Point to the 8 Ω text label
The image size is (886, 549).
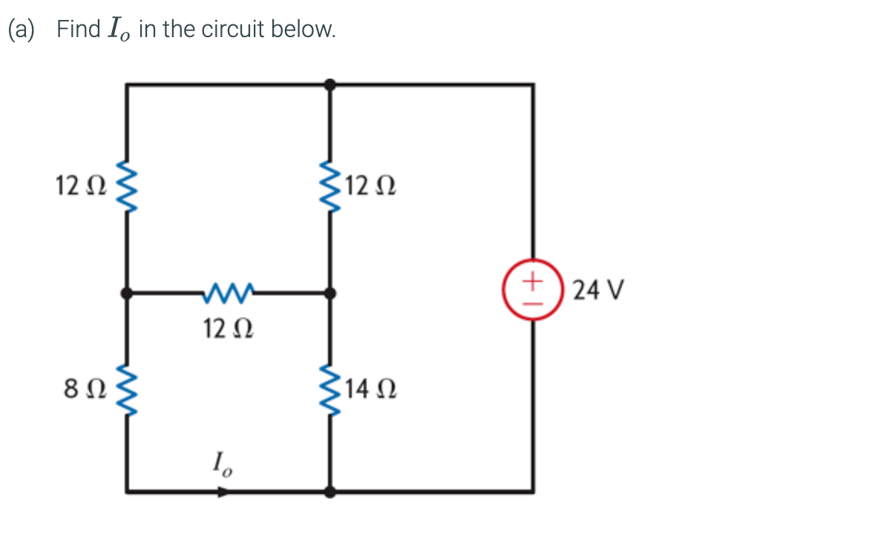point(81,388)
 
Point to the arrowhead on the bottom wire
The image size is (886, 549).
point(223,491)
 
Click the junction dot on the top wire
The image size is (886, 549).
point(330,85)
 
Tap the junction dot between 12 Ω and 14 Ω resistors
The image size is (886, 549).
point(330,293)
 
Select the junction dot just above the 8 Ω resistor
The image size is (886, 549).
point(127,293)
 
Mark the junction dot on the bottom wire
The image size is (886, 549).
point(330,491)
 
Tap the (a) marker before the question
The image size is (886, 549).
point(22,30)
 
